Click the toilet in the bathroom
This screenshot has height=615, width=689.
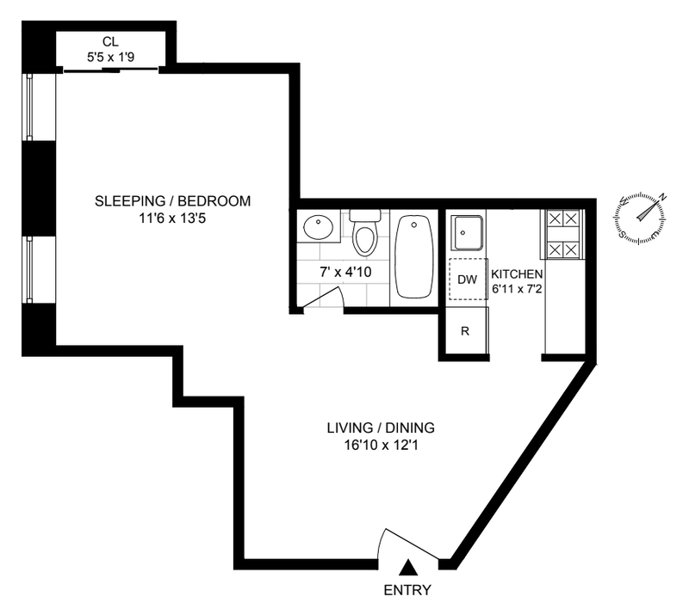point(364,232)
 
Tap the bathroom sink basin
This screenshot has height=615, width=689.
point(318,228)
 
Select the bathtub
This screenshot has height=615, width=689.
point(413,257)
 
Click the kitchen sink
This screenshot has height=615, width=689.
point(469,232)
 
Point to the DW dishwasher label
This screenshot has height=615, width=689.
point(467,280)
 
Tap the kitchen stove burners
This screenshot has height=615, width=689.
point(563,235)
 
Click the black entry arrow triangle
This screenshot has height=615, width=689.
point(408,567)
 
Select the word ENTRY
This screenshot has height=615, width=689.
point(407,590)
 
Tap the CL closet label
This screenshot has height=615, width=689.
point(110,41)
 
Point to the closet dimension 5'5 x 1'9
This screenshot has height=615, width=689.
point(110,57)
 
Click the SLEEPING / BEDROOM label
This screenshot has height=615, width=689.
point(173,201)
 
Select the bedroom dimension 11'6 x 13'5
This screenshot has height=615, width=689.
point(173,218)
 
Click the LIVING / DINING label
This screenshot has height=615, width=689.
point(381,427)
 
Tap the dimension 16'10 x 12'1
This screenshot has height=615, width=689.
point(381,446)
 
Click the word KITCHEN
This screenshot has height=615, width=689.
point(517,274)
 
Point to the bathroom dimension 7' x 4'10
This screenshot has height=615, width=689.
point(345,272)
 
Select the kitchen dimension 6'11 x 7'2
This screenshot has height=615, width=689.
point(517,290)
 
